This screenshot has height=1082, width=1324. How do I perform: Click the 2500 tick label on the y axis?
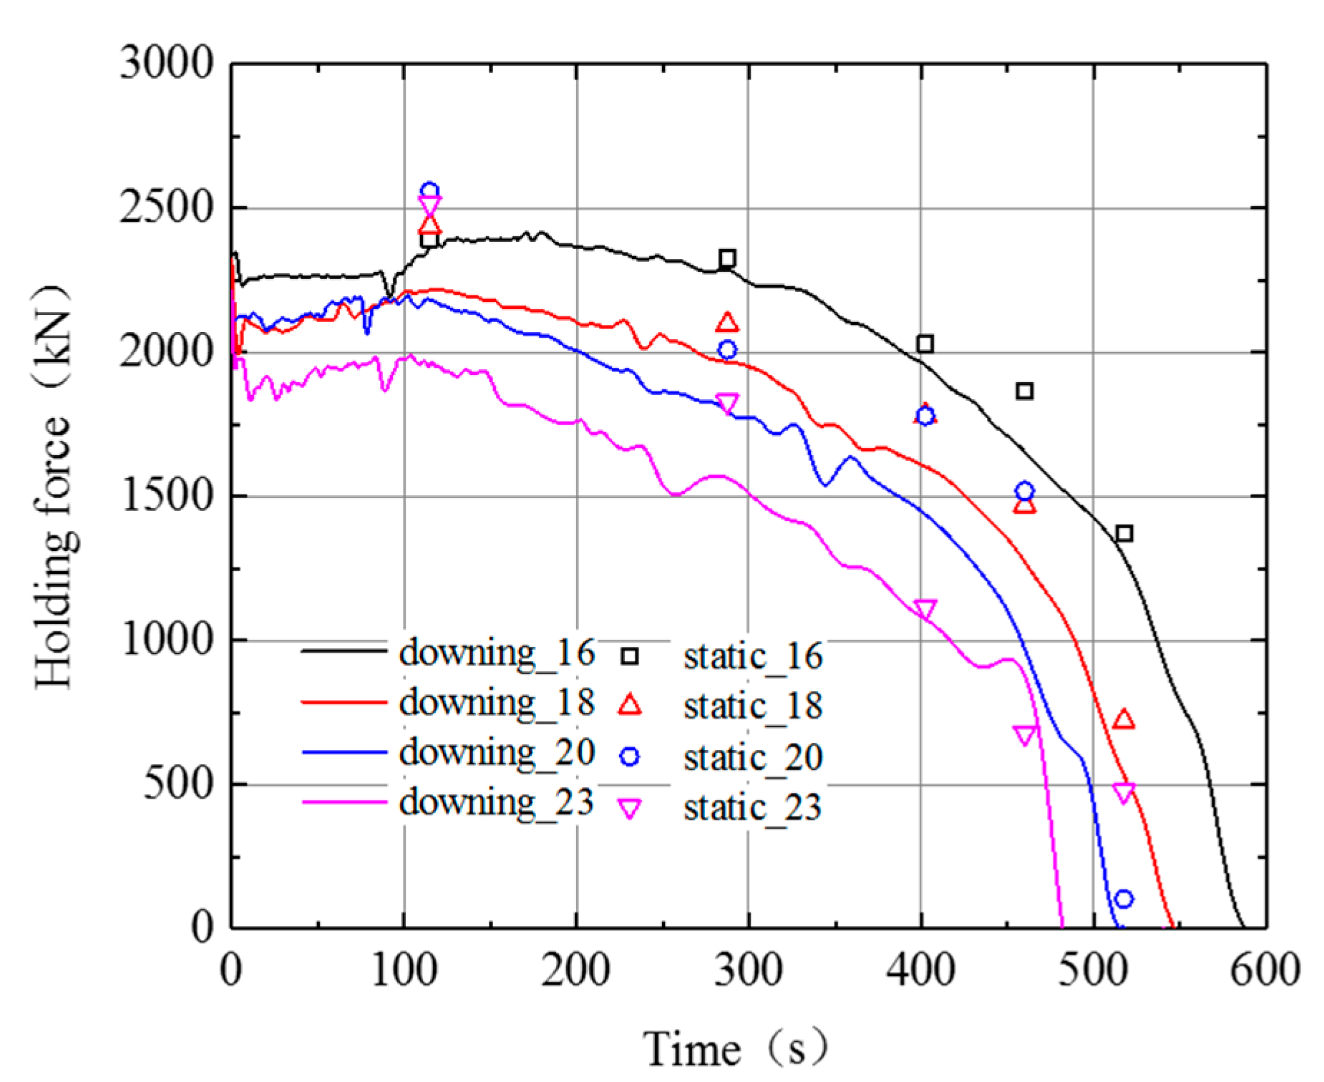(x=166, y=208)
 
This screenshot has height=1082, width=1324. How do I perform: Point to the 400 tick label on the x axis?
(x=920, y=971)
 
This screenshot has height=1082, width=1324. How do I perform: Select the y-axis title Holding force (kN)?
(x=54, y=487)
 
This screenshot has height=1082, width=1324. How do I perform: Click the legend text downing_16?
(x=497, y=653)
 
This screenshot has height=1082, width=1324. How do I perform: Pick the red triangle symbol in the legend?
(x=630, y=705)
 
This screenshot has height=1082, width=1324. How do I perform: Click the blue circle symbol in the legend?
(x=630, y=756)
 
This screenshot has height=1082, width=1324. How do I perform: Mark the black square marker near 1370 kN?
(x=1124, y=533)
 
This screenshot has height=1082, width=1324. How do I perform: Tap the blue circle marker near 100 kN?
(x=1124, y=899)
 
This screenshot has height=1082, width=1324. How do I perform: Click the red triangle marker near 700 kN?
(x=1124, y=719)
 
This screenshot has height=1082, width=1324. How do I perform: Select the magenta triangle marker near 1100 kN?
(x=925, y=609)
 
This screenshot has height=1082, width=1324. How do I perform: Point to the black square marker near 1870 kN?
(x=1024, y=391)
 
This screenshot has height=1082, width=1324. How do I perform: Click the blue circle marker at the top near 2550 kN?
(x=429, y=190)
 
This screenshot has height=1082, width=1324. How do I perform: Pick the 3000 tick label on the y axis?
(x=166, y=63)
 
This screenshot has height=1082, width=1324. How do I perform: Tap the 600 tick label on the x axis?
(x=1265, y=971)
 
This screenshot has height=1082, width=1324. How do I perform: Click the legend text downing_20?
(x=497, y=753)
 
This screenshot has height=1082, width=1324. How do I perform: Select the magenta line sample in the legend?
(x=344, y=802)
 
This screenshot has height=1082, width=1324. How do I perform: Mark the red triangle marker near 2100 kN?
(x=727, y=323)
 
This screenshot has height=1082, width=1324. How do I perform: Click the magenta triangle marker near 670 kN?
(x=1024, y=734)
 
